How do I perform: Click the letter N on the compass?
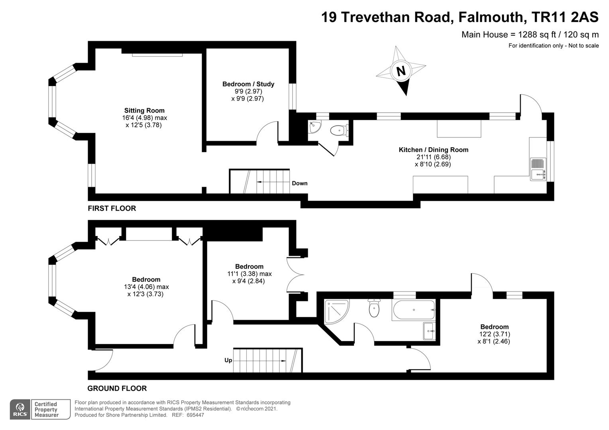[401, 71]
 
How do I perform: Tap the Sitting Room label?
[144, 111]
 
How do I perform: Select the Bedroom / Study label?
[248, 84]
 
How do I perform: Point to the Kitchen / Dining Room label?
[433, 150]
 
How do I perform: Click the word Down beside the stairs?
[300, 184]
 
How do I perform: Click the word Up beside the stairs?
[228, 360]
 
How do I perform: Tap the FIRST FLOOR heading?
[112, 208]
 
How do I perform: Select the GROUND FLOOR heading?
[117, 389]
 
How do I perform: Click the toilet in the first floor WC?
[340, 131]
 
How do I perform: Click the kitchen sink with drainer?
[538, 169]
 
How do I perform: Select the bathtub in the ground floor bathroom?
[414, 310]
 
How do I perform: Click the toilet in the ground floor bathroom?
[374, 308]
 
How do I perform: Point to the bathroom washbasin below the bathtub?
[429, 331]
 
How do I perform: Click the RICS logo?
[20, 409]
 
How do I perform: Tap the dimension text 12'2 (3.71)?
[495, 334]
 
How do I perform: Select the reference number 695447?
[195, 415]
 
